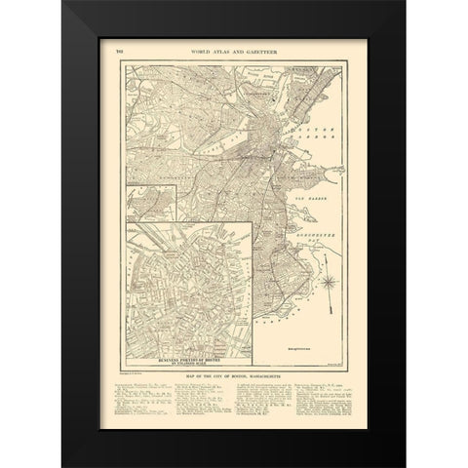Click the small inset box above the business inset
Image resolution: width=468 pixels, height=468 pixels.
[x=146, y=201]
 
